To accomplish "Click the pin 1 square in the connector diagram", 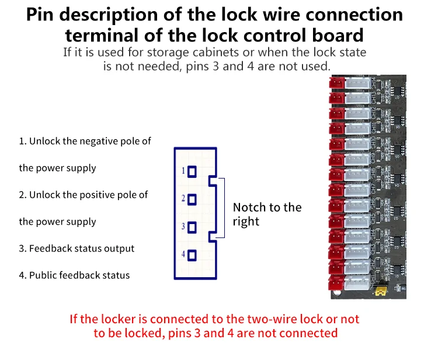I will pos(192,171).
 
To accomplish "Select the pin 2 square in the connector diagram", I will pos(192,199).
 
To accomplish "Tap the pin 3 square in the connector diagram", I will pos(192,227).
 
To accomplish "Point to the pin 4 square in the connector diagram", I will pos(192,255).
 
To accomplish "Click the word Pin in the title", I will pos(42,15).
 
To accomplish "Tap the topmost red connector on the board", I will pos(336,83).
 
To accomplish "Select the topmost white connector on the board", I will pos(355,84).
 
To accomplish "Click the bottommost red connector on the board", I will pos(337,281).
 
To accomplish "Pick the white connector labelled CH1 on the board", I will pos(355,281).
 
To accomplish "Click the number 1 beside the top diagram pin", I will pos(183,171).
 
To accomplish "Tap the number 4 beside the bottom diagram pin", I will pos(183,255).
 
